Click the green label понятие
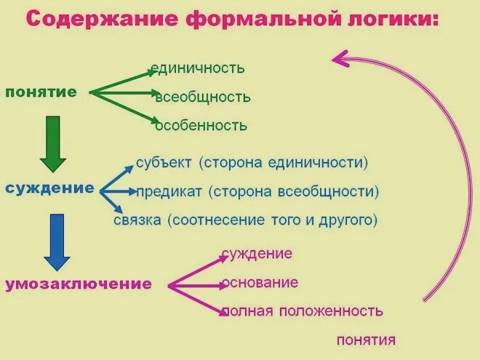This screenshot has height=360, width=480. (x=41, y=92)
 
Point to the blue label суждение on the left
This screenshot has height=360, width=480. (x=49, y=188)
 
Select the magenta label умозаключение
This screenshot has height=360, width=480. (x=79, y=284)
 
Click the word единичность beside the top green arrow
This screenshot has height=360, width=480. (x=197, y=68)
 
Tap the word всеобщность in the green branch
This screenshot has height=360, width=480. (x=203, y=97)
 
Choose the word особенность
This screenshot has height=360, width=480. (x=201, y=126)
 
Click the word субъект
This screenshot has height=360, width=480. (x=162, y=163)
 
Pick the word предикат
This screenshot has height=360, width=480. (x=169, y=191)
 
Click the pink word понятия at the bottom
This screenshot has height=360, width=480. (x=366, y=340)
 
